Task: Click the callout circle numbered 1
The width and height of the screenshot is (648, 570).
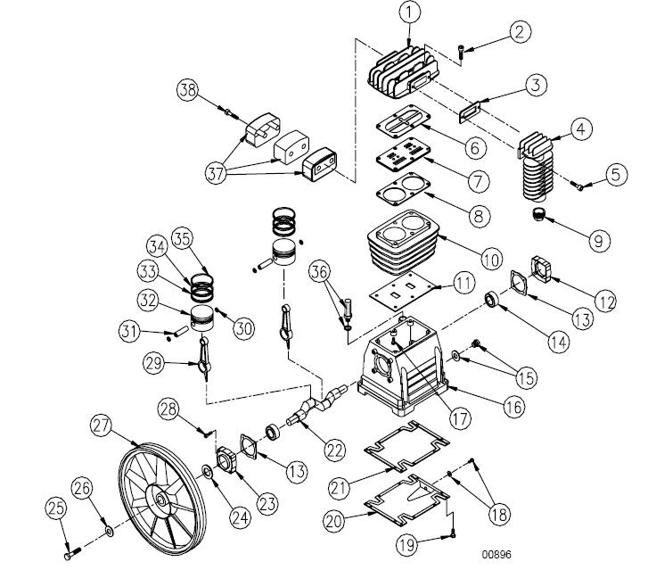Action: (x=408, y=13)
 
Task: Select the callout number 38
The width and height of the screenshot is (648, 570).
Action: (x=187, y=89)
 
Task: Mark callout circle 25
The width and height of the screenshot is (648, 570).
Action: (x=57, y=509)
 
